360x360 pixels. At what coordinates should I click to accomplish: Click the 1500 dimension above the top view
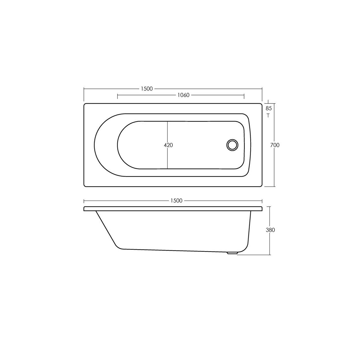click(147, 89)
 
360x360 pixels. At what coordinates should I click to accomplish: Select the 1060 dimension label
click(183, 95)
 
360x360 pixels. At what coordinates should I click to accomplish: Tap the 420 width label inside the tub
click(168, 145)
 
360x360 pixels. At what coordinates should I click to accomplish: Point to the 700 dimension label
click(274, 145)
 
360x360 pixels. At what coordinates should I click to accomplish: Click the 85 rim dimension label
click(269, 108)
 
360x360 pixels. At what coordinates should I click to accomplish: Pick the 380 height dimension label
click(270, 230)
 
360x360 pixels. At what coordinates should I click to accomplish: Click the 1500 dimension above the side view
click(176, 201)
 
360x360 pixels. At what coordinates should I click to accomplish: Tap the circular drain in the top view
click(232, 145)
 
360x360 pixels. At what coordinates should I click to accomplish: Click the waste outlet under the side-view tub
click(232, 253)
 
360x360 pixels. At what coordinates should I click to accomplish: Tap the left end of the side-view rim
click(85, 209)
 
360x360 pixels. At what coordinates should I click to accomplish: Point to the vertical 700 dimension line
click(274, 169)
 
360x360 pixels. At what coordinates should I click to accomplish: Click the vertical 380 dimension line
click(270, 242)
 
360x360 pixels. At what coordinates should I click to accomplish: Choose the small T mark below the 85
click(268, 115)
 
